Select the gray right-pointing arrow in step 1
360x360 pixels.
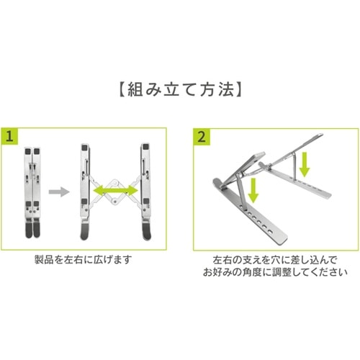coord(58,192)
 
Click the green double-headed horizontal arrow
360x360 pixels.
coord(116,190)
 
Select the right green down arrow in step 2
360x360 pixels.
coord(305,163)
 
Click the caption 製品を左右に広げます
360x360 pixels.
coord(84,259)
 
